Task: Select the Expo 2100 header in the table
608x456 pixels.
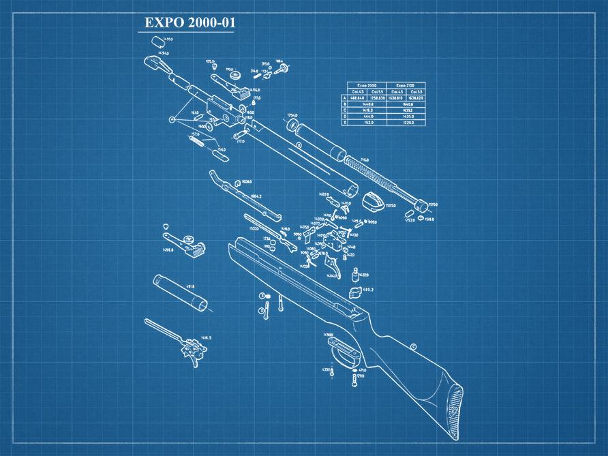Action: tap(405, 85)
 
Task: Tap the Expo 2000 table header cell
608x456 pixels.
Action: tap(367, 85)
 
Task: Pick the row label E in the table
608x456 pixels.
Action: tap(345, 123)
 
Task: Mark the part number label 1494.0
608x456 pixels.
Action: tap(164, 52)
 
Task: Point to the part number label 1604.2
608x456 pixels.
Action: tap(256, 196)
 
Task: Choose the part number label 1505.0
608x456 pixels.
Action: tap(390, 204)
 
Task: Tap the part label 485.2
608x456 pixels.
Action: tap(368, 290)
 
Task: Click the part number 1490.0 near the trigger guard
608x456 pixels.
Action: tap(328, 335)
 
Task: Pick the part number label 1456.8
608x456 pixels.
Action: tap(168, 250)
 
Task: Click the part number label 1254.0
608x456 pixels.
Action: tap(292, 115)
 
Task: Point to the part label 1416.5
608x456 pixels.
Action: tap(205, 337)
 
